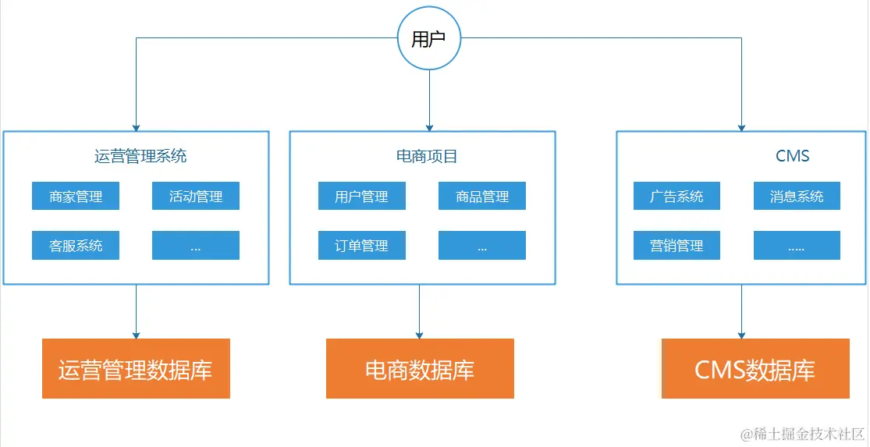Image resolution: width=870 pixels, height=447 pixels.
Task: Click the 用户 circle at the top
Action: (428, 39)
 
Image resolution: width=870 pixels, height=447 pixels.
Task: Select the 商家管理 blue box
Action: (76, 197)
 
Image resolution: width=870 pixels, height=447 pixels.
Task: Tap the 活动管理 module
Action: (195, 197)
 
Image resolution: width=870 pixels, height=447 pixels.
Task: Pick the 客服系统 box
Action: (76, 246)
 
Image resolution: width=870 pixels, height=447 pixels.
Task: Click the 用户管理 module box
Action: (361, 197)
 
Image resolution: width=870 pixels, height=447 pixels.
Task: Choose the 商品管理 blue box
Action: (481, 197)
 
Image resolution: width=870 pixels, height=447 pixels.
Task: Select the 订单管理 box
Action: (361, 246)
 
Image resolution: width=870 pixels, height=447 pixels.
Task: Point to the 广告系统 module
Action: (676, 197)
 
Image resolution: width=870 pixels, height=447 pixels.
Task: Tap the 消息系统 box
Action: (797, 197)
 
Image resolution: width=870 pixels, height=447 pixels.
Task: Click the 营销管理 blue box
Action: (676, 246)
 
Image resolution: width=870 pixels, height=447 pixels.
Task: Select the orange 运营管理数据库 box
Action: (136, 369)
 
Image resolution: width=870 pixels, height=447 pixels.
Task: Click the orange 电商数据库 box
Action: (420, 369)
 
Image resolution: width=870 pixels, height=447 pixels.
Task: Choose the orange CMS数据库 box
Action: (755, 369)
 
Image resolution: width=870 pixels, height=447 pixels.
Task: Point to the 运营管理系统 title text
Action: (140, 156)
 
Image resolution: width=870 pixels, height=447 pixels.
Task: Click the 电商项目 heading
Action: (427, 156)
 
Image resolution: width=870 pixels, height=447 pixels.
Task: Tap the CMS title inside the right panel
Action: (792, 156)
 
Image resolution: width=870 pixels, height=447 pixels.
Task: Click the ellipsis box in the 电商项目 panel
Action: (481, 246)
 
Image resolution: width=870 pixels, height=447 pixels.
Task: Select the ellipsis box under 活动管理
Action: (195, 246)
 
